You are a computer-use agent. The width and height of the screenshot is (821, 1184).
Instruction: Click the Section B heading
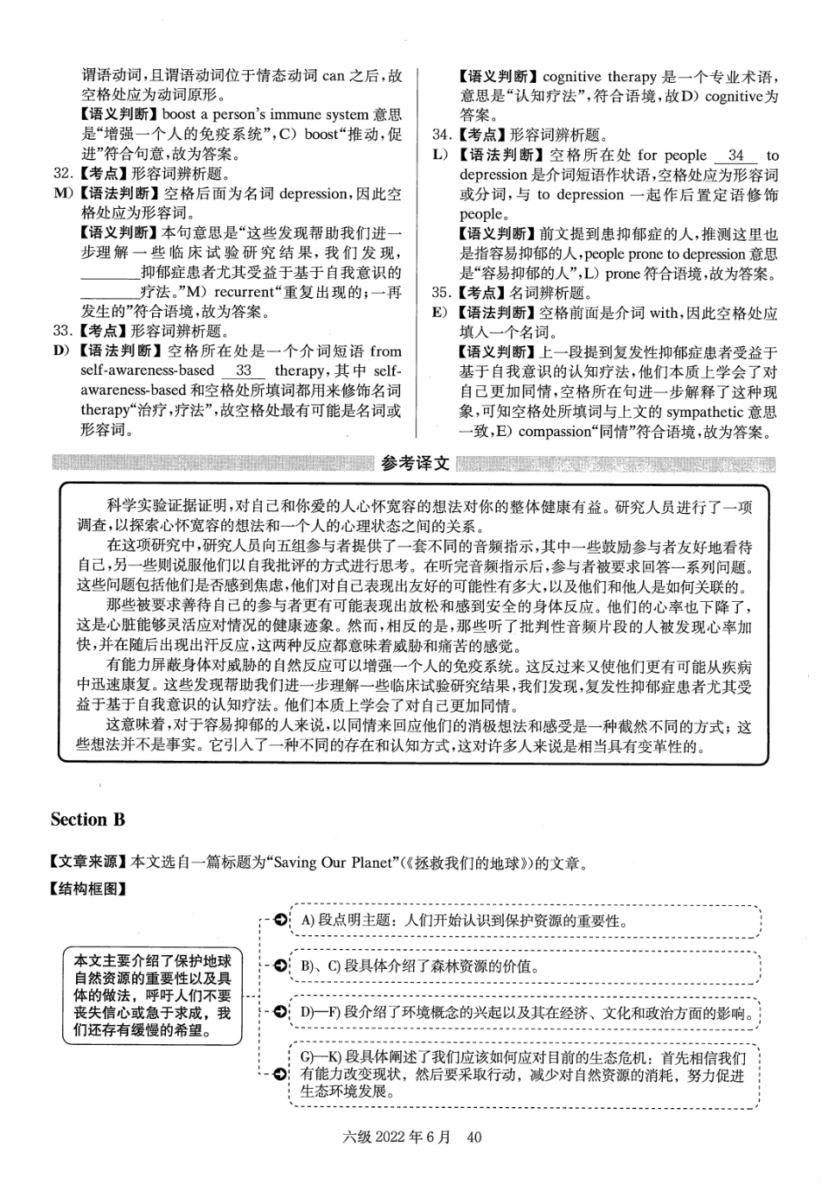(87, 820)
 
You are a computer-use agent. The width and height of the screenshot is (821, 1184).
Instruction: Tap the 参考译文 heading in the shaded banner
(415, 464)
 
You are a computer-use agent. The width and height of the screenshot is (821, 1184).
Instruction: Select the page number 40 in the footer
(473, 1137)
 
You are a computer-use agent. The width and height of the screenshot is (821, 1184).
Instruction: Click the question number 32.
(61, 174)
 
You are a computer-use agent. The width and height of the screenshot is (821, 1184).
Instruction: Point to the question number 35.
(441, 293)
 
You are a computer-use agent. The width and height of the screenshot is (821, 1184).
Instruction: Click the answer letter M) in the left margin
(63, 193)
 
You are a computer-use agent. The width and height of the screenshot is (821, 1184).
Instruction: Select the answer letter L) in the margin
(441, 155)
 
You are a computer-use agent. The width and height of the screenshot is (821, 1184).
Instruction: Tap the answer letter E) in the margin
(441, 313)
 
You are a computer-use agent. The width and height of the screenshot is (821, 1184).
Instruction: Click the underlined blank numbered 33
(243, 370)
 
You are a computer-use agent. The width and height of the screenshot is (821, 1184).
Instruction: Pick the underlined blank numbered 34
(735, 155)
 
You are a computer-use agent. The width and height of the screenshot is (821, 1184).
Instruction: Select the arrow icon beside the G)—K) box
(280, 1074)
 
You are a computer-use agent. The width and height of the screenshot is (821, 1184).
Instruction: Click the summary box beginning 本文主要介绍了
(152, 995)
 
